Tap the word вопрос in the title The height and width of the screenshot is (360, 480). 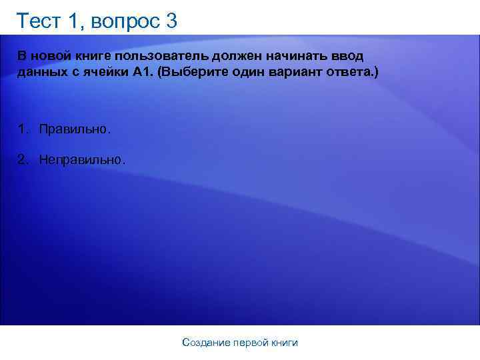point(127,21)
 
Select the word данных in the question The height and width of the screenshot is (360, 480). point(41,72)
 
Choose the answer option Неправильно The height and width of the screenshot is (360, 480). point(81,160)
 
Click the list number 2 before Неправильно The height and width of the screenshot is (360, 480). point(22,160)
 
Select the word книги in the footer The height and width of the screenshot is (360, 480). point(285,343)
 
